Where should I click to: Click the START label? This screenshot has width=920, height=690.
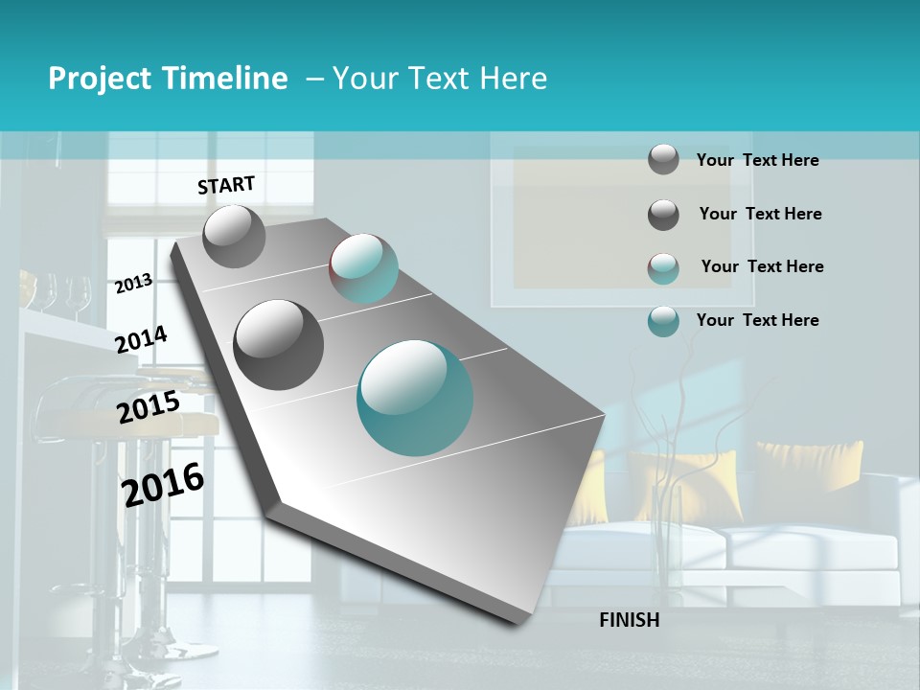point(226,184)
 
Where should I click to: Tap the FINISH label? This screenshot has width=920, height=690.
point(629,620)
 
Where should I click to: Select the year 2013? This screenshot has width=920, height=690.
point(133,283)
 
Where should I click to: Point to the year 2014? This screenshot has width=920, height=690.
point(141,339)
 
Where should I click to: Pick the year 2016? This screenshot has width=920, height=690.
point(163,484)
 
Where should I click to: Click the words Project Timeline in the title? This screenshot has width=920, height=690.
point(168,79)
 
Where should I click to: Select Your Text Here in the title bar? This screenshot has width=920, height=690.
point(440,79)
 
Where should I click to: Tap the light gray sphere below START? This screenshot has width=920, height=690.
point(234,236)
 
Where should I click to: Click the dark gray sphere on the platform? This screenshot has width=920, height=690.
point(279,344)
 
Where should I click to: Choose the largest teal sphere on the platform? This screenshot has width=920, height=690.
point(415,398)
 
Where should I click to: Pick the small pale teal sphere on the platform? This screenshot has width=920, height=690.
point(363,268)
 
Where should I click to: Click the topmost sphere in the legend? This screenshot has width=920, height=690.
point(663,159)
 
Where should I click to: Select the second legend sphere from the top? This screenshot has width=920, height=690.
point(663,215)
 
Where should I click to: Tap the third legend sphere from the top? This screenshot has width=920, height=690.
point(663,267)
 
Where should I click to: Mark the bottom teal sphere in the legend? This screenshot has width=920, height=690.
point(663,321)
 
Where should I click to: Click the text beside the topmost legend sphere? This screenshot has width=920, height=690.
point(757,160)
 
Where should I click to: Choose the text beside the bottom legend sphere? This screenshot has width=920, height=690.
point(757,320)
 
